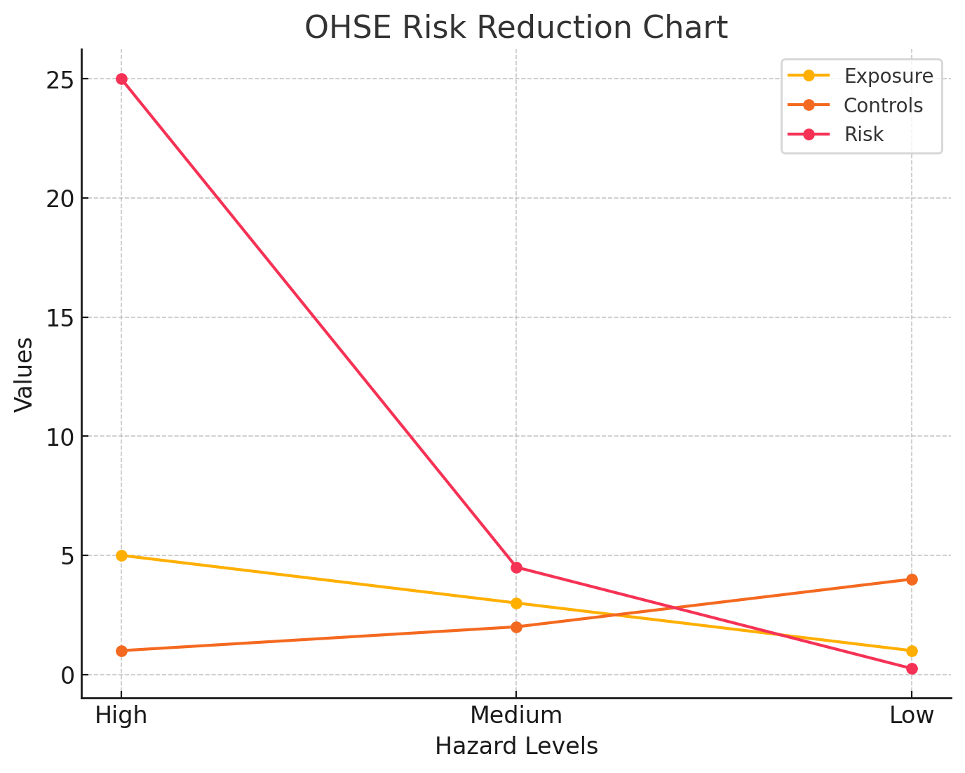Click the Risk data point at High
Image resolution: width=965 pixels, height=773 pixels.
[x=121, y=79]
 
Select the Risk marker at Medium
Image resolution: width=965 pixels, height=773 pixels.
[x=516, y=567]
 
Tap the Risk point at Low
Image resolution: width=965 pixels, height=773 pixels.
[x=912, y=668]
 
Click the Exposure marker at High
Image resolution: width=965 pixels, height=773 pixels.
[x=121, y=555]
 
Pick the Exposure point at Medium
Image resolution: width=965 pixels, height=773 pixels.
[x=516, y=603]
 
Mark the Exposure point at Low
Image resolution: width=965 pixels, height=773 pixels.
[x=912, y=651]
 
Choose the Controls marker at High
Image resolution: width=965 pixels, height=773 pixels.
[x=121, y=651]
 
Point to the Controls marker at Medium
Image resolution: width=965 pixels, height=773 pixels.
[x=516, y=627]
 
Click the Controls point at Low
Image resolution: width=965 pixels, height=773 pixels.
[x=912, y=579]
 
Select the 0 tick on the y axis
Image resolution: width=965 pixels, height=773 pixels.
[x=67, y=675]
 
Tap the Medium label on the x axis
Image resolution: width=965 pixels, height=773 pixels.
[x=516, y=715]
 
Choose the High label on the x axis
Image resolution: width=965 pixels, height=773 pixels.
[x=121, y=715]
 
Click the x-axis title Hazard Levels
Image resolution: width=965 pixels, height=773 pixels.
[x=516, y=746]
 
